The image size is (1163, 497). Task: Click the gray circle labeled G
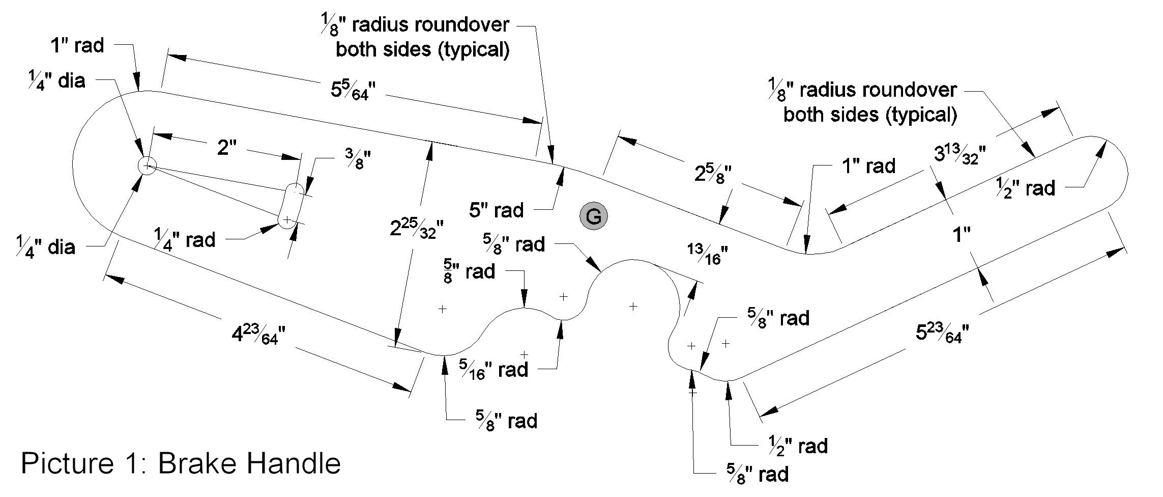(593, 216)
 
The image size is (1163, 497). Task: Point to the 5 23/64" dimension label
(942, 334)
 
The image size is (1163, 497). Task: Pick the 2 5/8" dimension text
(712, 173)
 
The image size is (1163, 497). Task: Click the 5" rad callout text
(496, 210)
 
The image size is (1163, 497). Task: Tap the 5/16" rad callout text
(493, 368)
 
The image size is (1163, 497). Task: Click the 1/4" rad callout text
(185, 240)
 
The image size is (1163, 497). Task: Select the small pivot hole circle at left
(147, 166)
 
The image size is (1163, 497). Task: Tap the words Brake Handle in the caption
(249, 464)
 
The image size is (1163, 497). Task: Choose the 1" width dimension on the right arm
(961, 235)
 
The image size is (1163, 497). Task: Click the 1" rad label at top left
(77, 46)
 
